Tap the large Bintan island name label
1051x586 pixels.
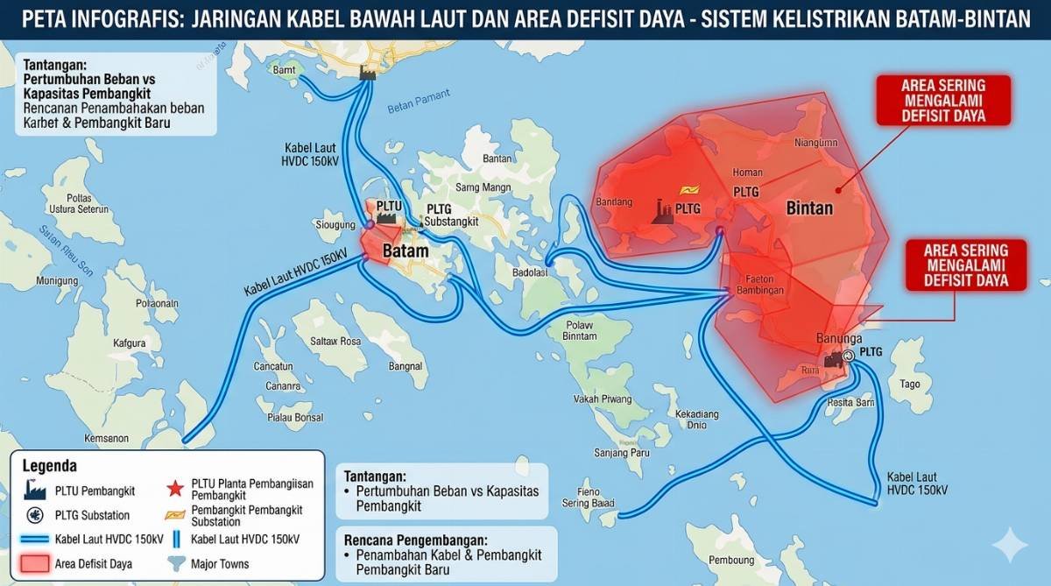point(809,208)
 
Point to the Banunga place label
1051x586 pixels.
point(839,338)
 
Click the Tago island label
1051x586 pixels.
point(910,384)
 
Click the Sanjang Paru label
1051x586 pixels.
point(622,452)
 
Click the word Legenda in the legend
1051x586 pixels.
point(49,466)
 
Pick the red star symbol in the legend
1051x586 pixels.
point(174,488)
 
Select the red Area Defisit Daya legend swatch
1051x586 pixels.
point(34,563)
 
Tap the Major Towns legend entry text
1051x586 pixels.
point(220,563)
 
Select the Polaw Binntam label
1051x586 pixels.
point(579,330)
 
